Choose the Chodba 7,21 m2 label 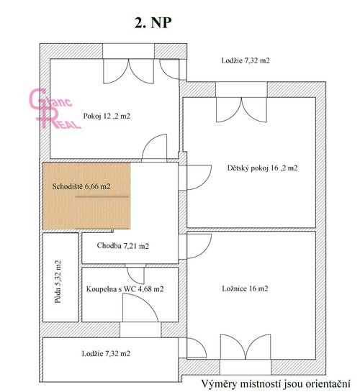click(x=122, y=246)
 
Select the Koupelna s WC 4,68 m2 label click(x=125, y=289)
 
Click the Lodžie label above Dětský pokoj click(x=246, y=62)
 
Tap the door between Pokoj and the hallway click(x=156, y=149)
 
